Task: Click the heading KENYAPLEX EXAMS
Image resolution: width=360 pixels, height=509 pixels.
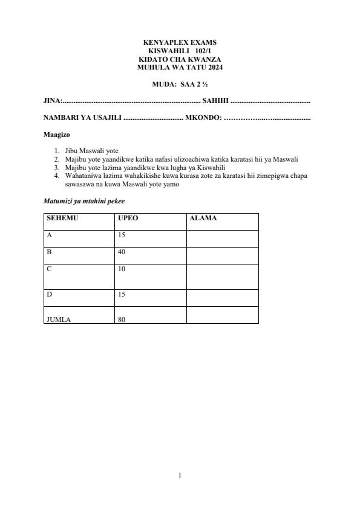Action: pyautogui.click(x=180, y=42)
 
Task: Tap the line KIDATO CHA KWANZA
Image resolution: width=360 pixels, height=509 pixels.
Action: pyautogui.click(x=180, y=59)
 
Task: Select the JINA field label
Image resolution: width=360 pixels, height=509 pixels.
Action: pyautogui.click(x=52, y=101)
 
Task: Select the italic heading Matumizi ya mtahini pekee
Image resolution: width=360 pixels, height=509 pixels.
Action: pyautogui.click(x=84, y=200)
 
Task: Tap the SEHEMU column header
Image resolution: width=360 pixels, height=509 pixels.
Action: pyautogui.click(x=62, y=218)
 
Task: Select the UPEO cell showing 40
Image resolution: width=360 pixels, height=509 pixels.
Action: pyautogui.click(x=122, y=252)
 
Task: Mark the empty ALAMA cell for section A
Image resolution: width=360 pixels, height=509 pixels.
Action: pyautogui.click(x=222, y=238)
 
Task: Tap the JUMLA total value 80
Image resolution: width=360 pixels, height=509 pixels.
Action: pyautogui.click(x=122, y=320)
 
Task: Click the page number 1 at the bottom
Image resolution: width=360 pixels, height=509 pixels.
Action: pyautogui.click(x=180, y=475)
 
